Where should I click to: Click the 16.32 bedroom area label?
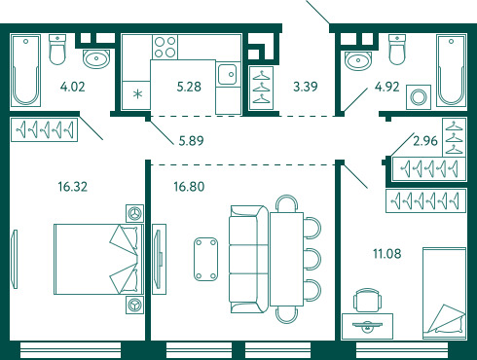click(73, 187)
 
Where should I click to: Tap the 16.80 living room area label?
click(189, 187)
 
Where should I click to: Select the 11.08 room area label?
click(387, 253)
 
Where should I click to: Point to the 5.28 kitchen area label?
click(189, 87)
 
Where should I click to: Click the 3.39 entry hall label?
click(306, 87)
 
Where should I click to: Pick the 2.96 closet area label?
click(425, 141)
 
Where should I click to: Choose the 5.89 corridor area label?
click(191, 141)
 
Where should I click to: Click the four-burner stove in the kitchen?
click(165, 47)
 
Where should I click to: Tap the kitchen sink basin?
click(227, 74)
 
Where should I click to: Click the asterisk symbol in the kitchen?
click(138, 94)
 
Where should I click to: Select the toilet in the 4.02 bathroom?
click(57, 50)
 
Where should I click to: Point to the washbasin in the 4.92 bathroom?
click(358, 60)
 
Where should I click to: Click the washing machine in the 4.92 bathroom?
click(419, 97)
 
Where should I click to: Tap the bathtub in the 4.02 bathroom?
click(25, 70)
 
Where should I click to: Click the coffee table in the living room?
click(205, 259)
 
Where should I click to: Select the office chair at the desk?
click(367, 300)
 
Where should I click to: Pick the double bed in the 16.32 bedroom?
click(98, 259)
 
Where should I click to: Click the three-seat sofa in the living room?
click(249, 259)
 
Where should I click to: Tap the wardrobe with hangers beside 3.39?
click(261, 88)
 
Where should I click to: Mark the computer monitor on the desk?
click(367, 325)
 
